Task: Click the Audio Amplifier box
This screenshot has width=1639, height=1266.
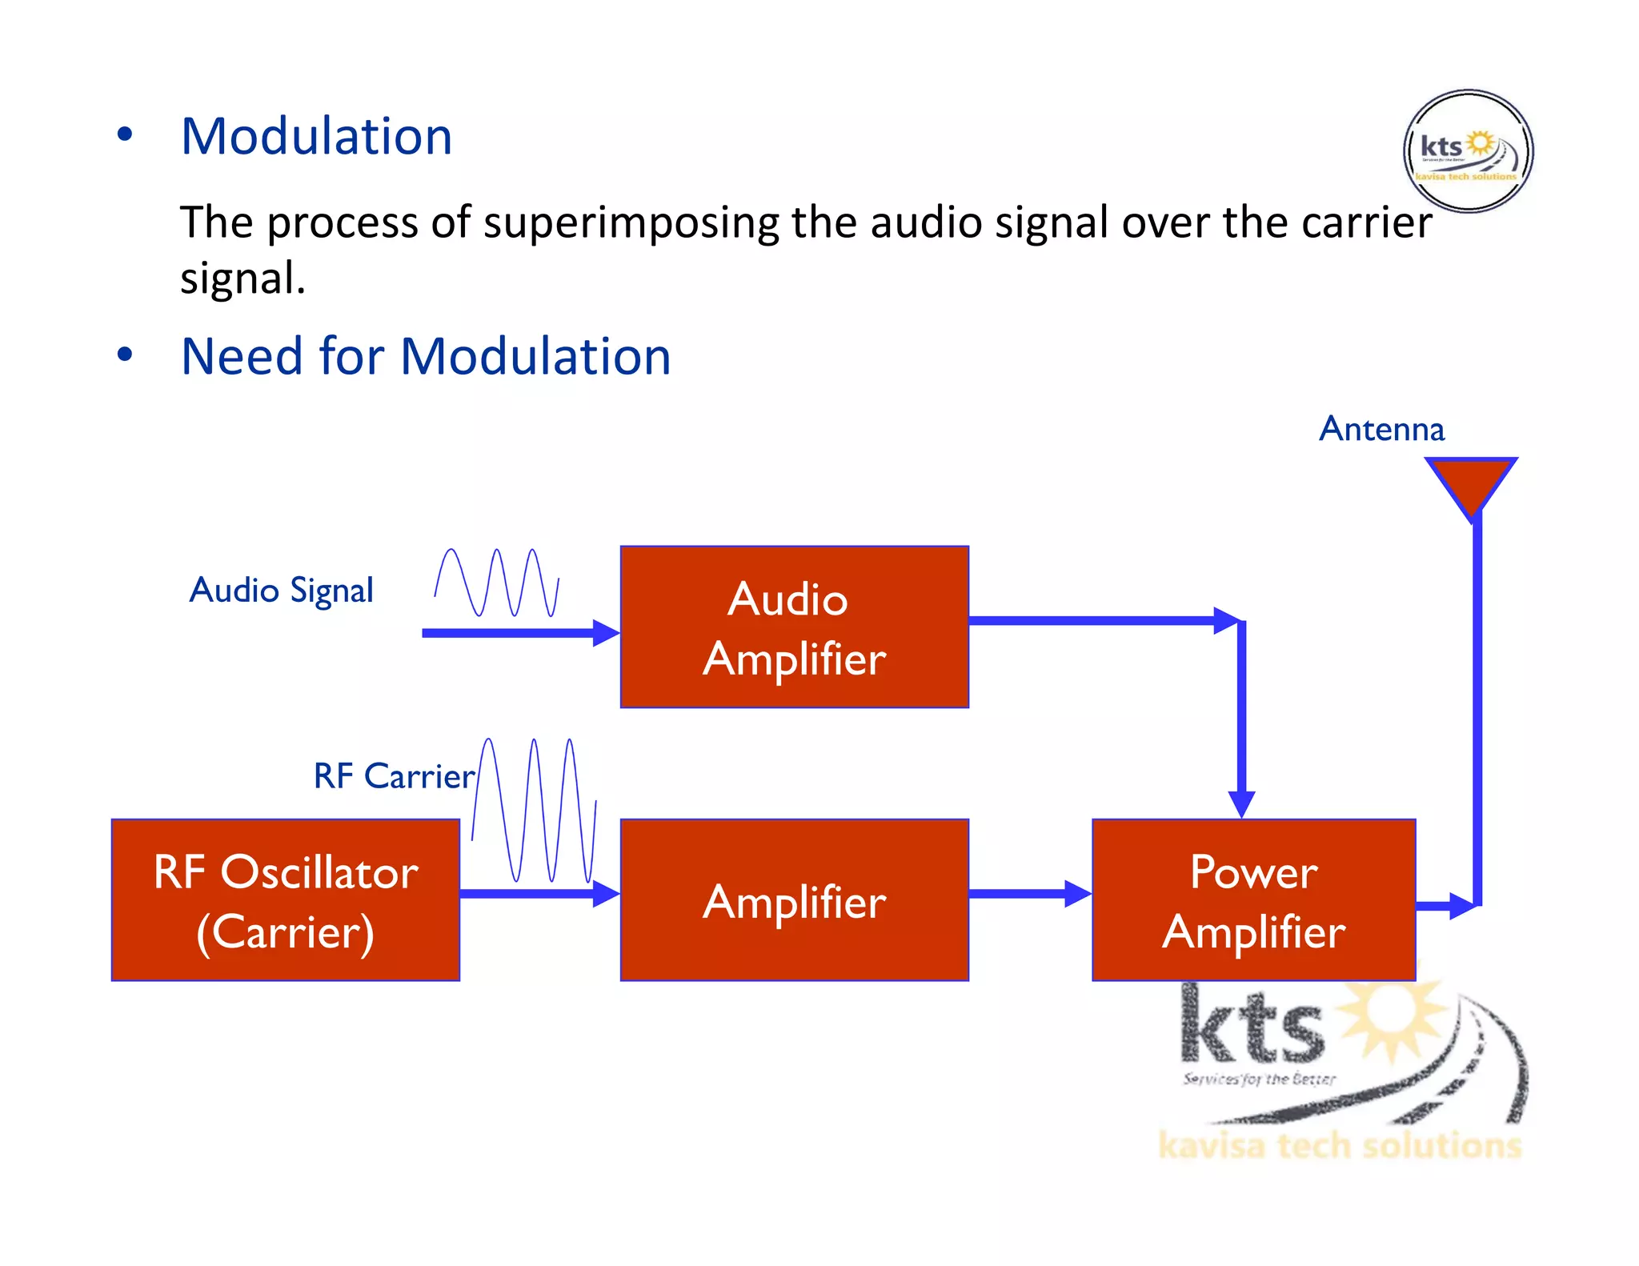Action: click(794, 627)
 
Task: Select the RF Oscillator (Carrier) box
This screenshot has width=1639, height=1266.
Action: click(286, 899)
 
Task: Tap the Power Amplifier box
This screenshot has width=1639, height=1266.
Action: click(1253, 899)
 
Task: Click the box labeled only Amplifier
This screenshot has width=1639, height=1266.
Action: click(794, 899)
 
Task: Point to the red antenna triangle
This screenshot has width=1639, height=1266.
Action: click(1470, 481)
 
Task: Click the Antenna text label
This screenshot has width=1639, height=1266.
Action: click(1381, 429)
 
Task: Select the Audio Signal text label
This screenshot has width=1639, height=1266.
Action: click(281, 591)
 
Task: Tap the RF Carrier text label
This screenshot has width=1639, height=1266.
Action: click(394, 775)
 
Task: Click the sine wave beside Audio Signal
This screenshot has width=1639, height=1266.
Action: click(496, 583)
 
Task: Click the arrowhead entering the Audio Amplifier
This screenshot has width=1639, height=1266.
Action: click(606, 632)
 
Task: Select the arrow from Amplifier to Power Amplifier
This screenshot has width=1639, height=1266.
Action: click(1029, 893)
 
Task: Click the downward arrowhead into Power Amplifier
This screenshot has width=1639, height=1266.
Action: click(1240, 803)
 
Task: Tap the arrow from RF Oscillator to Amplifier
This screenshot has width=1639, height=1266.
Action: click(539, 893)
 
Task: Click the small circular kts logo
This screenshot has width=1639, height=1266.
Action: click(1468, 150)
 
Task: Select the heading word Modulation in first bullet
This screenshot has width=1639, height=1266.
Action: click(317, 136)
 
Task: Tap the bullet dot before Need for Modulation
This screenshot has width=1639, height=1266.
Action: click(124, 355)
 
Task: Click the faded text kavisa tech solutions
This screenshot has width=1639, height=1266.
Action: click(1339, 1145)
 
